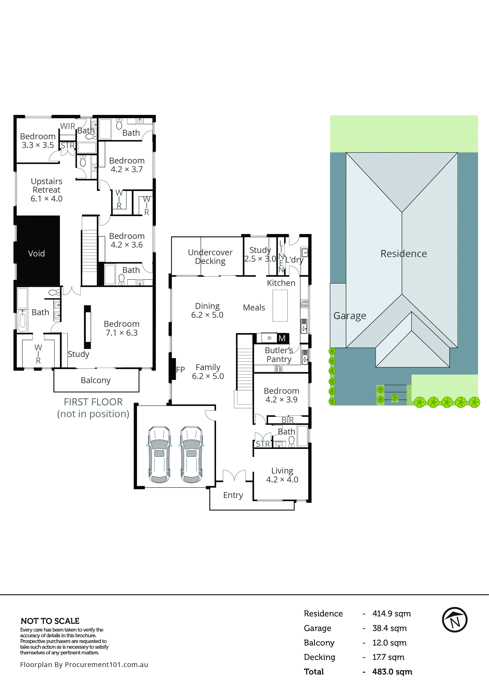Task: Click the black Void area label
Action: tap(36, 254)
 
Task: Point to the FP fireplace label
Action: tap(180, 370)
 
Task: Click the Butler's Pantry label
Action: tap(279, 355)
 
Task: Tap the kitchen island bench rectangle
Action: tap(280, 306)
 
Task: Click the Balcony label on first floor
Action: tap(96, 380)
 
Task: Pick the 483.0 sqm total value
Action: tap(392, 672)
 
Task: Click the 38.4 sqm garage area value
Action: tap(389, 628)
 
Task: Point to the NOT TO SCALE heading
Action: tap(50, 621)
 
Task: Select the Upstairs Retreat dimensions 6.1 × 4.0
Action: tap(47, 199)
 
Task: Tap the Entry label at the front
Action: tap(233, 495)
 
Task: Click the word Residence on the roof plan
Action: tap(403, 254)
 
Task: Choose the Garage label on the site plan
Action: tap(350, 316)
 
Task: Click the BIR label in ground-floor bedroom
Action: tap(287, 420)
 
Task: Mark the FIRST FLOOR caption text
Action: tap(93, 402)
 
